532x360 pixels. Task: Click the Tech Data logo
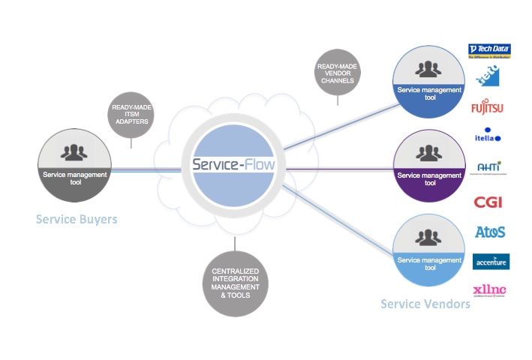[x=490, y=51]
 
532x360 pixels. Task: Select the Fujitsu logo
[x=488, y=108]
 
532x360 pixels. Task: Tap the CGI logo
[x=488, y=202]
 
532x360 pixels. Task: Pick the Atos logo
[x=490, y=232]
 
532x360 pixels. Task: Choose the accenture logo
[x=491, y=262]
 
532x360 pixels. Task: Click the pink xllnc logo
[x=489, y=290]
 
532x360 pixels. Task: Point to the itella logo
[x=488, y=137]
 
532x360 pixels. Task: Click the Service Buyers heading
[x=77, y=220]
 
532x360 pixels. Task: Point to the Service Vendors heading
[x=425, y=304]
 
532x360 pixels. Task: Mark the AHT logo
[x=489, y=167]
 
